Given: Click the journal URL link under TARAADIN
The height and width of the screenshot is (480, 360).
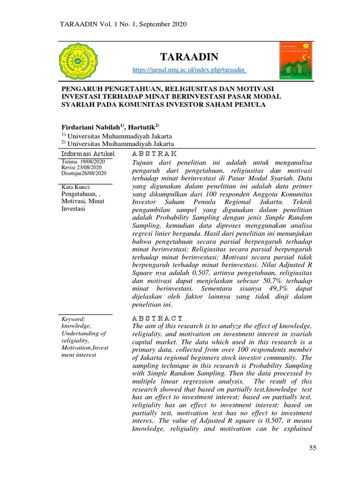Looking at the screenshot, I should [190, 70].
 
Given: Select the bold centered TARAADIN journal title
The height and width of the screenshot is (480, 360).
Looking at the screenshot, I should [190, 57].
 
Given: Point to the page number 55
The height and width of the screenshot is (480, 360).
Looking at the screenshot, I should [313, 449].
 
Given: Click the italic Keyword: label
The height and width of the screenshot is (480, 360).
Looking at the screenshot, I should [73, 318].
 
